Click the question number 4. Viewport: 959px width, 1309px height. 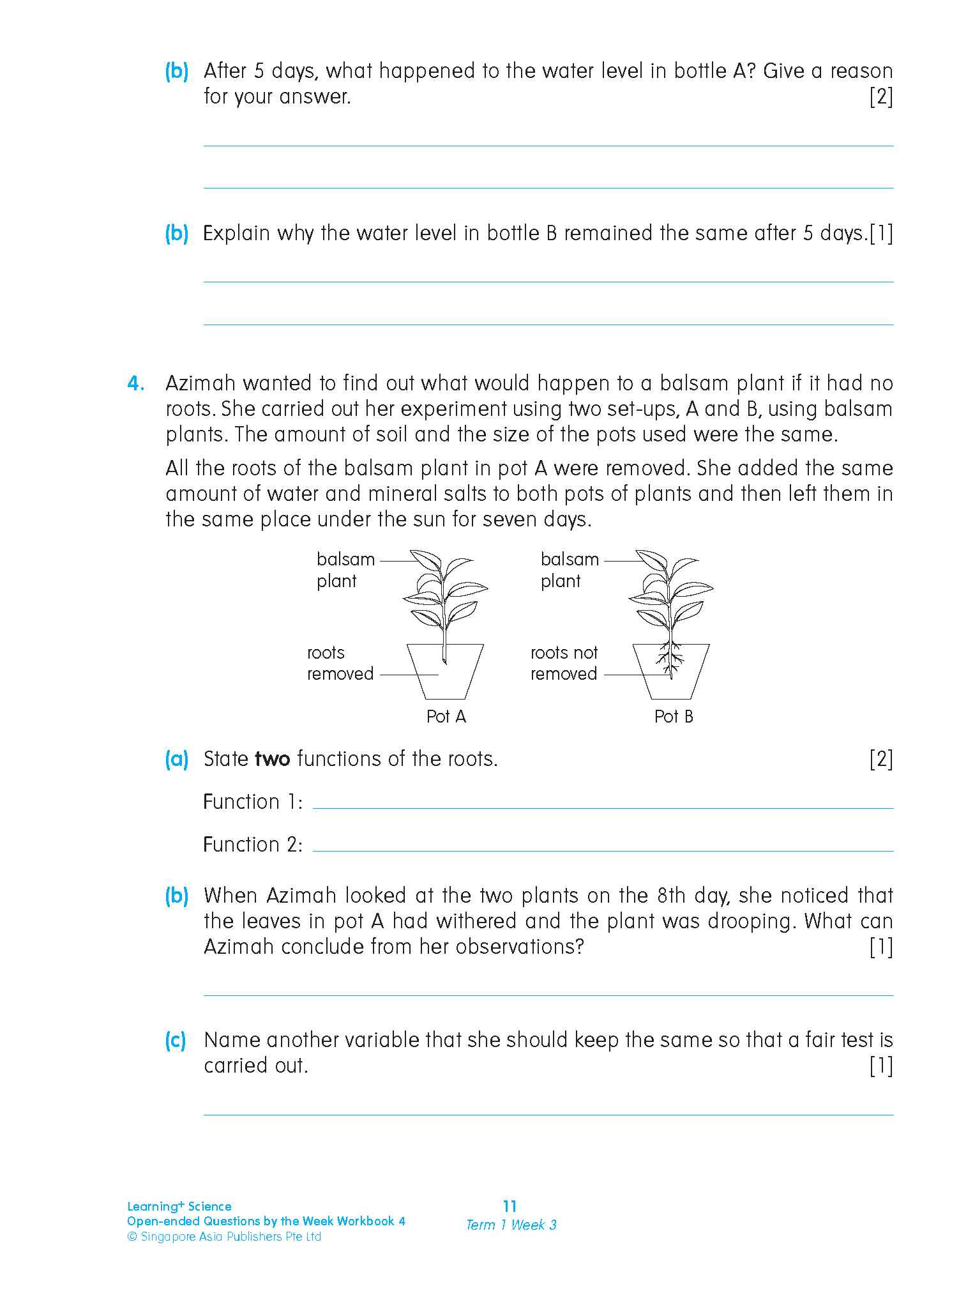point(135,384)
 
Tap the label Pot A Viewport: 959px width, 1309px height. point(446,717)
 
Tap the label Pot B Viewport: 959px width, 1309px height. point(674,717)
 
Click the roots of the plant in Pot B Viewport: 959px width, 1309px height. point(670,657)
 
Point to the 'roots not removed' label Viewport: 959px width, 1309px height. point(564,663)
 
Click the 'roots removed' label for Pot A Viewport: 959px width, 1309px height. point(340,663)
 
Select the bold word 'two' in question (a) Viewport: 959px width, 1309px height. point(272,759)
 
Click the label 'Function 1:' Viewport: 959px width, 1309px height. point(253,802)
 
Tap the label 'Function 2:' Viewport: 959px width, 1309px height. point(253,845)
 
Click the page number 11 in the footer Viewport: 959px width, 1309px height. point(510,1206)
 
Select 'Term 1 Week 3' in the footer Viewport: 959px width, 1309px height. point(511,1225)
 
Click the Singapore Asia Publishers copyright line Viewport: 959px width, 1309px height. point(224,1237)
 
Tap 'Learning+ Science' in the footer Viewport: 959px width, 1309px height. point(179,1206)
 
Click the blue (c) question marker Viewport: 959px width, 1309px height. point(176,1041)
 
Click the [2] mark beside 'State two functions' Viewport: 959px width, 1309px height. point(880,759)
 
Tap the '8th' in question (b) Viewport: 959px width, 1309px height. point(670,896)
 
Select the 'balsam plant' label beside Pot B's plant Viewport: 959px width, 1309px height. point(570,570)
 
